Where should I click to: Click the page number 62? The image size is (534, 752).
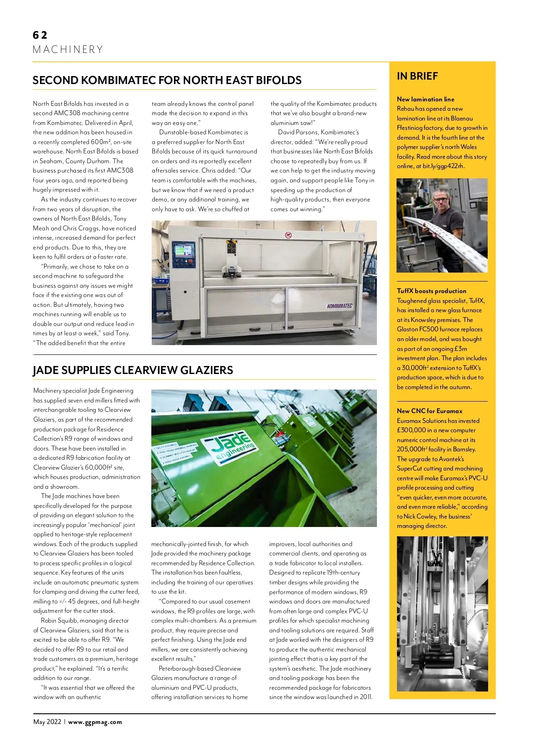(x=40, y=35)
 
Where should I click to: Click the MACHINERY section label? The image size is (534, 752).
(x=68, y=49)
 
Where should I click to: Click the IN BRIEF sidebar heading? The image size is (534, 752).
(x=417, y=76)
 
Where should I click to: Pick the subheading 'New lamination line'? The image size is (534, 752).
(x=425, y=99)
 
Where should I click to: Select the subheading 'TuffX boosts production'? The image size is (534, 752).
(x=431, y=291)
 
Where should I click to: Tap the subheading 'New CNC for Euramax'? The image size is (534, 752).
(x=429, y=411)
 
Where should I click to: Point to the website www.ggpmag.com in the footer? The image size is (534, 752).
(x=95, y=722)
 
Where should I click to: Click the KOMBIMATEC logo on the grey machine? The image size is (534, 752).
(x=340, y=306)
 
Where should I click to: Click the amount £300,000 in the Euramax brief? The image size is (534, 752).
(x=411, y=430)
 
